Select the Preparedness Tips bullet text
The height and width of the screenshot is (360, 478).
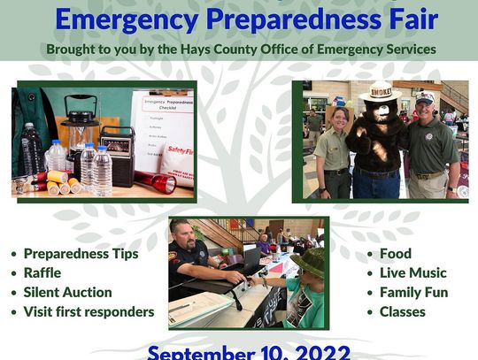coord(81,254)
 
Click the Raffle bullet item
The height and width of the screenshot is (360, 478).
coord(42,273)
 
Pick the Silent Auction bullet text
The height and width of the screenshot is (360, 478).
coord(67,292)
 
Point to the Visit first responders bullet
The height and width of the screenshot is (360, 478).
coord(89,311)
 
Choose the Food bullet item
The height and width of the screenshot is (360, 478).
coord(395,254)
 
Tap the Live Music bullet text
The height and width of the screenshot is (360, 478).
coord(412,273)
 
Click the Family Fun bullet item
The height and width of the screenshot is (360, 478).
coord(413,292)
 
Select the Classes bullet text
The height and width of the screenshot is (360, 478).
coord(402,311)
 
